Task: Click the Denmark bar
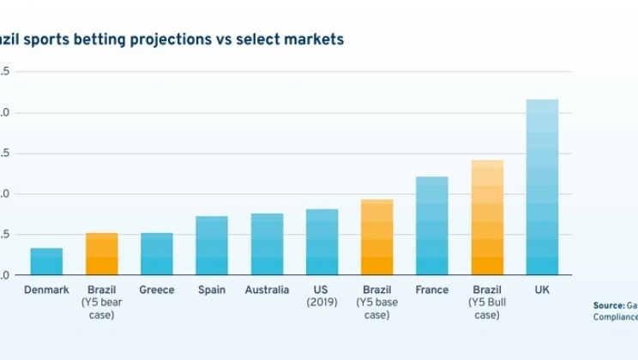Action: pos(46,261)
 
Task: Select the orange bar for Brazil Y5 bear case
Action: pos(101,254)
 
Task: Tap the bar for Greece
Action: pos(156,254)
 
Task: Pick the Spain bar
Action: pos(211,245)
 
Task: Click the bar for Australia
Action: pos(267,244)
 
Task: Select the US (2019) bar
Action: pos(322,242)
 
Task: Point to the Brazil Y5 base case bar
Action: pos(376,237)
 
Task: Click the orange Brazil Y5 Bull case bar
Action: pos(487,218)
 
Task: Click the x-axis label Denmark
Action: pos(46,291)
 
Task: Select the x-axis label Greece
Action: pos(156,291)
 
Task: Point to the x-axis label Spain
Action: pos(211,291)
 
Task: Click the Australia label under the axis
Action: pos(267,291)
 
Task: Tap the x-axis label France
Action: pos(431,291)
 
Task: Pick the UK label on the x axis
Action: pos(542,291)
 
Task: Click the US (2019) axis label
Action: pos(322,297)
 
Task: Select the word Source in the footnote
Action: pos(608,305)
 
